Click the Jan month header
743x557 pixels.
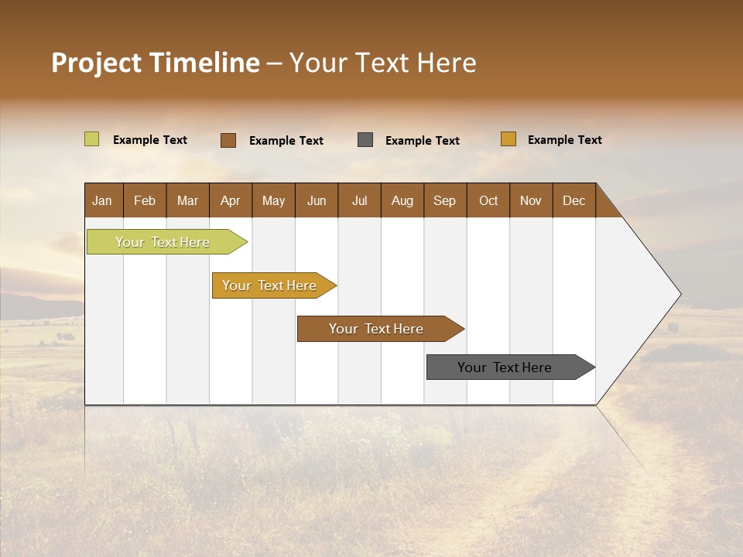(102, 200)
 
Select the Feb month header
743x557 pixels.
(145, 200)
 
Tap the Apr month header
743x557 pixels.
(230, 200)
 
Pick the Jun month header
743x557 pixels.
(317, 200)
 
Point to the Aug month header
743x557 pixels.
(402, 200)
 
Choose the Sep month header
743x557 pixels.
(444, 200)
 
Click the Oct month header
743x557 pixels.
(488, 200)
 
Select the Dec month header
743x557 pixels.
(574, 200)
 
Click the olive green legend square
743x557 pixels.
(91, 139)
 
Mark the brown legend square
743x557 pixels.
(228, 140)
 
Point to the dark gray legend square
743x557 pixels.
(365, 140)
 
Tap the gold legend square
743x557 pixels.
(508, 139)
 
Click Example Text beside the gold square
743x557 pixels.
(564, 140)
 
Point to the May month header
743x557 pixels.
(273, 200)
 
